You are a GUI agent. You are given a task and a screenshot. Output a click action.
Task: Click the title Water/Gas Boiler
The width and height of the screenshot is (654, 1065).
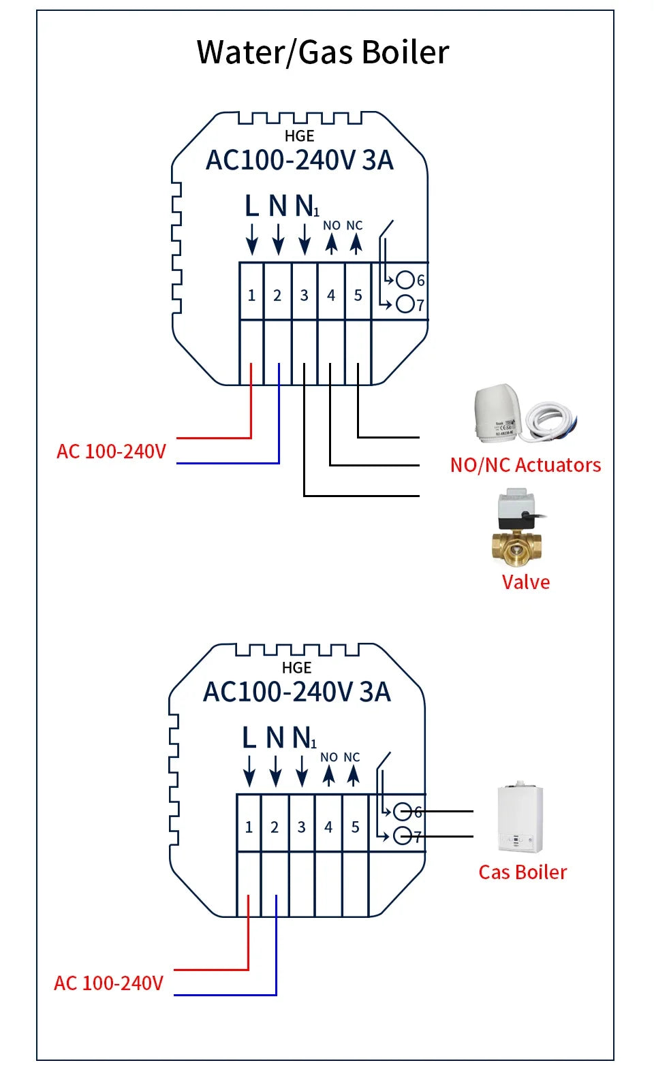click(x=323, y=52)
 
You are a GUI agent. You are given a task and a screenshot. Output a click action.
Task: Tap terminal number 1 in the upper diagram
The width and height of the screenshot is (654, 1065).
click(x=251, y=296)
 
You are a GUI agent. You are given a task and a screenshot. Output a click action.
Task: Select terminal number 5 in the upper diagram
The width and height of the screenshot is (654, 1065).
click(x=358, y=296)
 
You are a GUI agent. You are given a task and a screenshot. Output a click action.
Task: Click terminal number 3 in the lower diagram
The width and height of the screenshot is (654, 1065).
click(x=301, y=827)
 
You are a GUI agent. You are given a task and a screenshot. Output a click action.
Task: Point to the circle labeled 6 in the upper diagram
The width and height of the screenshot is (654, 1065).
click(x=406, y=280)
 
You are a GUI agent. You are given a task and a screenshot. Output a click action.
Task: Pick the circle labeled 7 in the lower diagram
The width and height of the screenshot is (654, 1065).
click(x=403, y=836)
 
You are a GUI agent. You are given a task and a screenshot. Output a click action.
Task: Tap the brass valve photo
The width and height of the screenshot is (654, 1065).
click(x=518, y=528)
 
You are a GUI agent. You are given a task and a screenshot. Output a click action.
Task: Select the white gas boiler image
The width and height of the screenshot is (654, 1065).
click(x=520, y=818)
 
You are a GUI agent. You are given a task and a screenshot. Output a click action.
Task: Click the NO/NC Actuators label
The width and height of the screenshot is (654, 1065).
click(x=525, y=465)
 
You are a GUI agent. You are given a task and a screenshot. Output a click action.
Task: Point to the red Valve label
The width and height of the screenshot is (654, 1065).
click(x=525, y=582)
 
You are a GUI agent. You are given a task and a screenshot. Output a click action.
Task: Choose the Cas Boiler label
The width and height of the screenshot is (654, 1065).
click(x=523, y=872)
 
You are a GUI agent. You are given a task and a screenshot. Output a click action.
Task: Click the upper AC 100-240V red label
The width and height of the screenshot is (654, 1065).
click(x=111, y=451)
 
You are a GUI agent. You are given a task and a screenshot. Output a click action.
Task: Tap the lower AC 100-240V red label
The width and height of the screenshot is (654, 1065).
click(x=108, y=983)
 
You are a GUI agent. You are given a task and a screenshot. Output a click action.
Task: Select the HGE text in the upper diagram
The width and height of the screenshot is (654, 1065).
click(x=299, y=136)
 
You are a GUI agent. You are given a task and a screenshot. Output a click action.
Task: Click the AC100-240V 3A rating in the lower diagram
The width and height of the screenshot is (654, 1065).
click(x=297, y=693)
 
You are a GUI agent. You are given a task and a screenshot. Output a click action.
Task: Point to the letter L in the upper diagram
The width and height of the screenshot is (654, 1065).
click(x=251, y=206)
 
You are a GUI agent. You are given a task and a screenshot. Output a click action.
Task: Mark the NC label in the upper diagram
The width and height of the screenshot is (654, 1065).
click(x=354, y=225)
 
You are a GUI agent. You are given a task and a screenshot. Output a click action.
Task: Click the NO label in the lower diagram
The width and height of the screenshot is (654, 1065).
click(x=329, y=757)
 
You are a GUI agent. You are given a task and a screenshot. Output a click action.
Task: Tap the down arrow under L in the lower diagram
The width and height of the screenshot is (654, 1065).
click(x=249, y=774)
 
